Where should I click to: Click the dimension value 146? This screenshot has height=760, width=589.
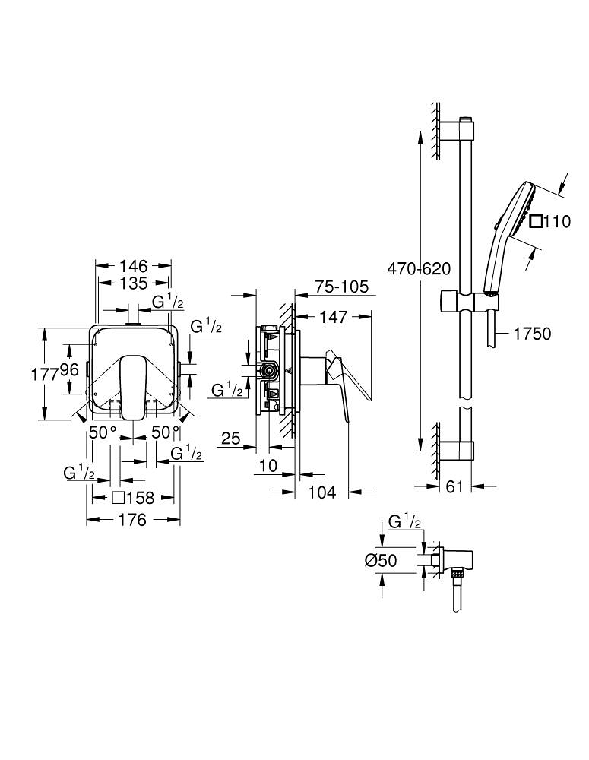[x=133, y=266]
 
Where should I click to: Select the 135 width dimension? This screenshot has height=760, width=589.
[x=133, y=284]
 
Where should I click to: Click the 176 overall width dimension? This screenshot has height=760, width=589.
[x=133, y=521]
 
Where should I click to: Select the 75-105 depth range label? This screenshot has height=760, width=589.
[x=343, y=287]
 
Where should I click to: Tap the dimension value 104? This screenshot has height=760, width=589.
[x=321, y=493]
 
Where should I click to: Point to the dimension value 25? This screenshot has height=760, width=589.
[x=231, y=439]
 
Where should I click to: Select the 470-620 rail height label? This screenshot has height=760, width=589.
[x=419, y=268]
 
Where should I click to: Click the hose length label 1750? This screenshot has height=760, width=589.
[x=531, y=333]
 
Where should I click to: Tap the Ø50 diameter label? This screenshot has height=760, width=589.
[x=381, y=560]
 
